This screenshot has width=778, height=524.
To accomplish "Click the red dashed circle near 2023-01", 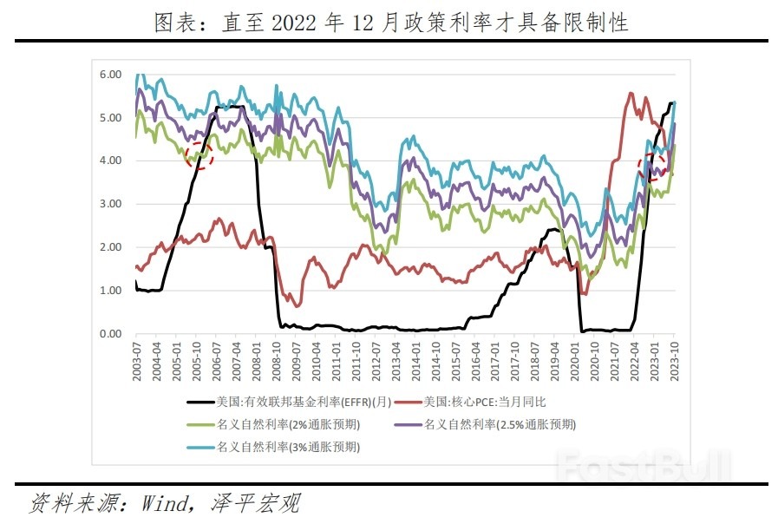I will click(651, 167).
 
